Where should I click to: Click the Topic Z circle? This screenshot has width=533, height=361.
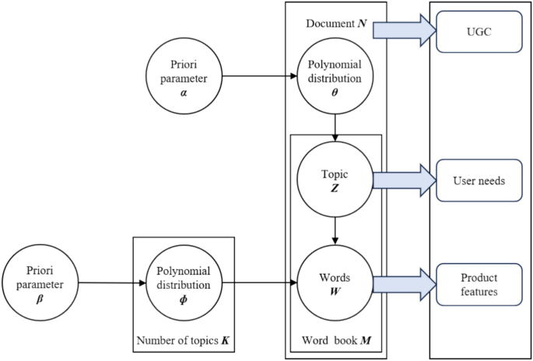pos(335,181)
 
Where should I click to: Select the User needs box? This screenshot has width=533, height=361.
pos(479,181)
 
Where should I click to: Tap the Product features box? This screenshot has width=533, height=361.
pos(479,283)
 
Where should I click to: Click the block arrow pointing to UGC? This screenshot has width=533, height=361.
pos(401,30)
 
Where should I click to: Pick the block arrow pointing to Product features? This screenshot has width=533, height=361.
pos(401,283)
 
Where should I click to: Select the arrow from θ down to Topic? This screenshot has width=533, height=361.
pos(335,125)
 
